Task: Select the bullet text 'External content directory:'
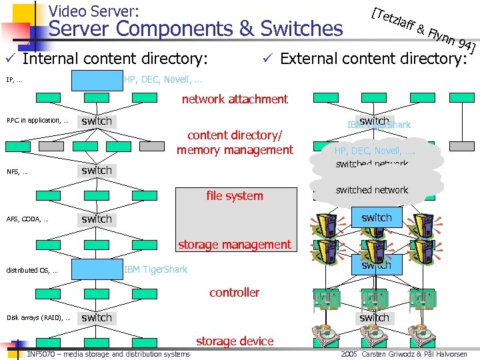click(373, 59)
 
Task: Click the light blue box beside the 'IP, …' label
click(97, 80)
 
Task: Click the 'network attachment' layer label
click(235, 99)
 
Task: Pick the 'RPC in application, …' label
click(37, 121)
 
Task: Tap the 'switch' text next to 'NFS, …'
click(97, 170)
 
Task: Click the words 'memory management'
click(235, 150)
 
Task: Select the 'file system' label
click(235, 196)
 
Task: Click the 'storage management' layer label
click(235, 245)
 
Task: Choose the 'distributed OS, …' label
click(32, 270)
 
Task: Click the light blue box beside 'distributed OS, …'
click(97, 269)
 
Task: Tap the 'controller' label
click(235, 292)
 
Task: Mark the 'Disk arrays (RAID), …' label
click(38, 318)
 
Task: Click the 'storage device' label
click(235, 341)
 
